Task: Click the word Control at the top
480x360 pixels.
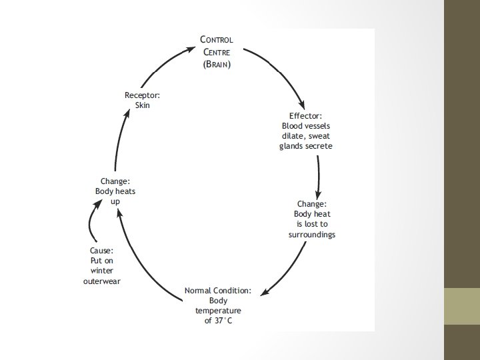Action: (x=217, y=40)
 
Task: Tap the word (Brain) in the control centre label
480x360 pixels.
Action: (x=217, y=65)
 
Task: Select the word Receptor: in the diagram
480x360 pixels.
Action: (x=142, y=96)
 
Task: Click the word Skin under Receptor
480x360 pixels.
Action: (x=143, y=105)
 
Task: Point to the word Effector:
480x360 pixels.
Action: (x=305, y=116)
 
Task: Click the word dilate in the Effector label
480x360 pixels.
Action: (x=294, y=135)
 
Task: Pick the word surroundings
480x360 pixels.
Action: (x=311, y=235)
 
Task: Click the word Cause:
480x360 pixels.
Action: (x=102, y=251)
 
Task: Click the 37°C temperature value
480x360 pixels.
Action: (x=218, y=321)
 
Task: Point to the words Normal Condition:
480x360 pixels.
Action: (x=218, y=291)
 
